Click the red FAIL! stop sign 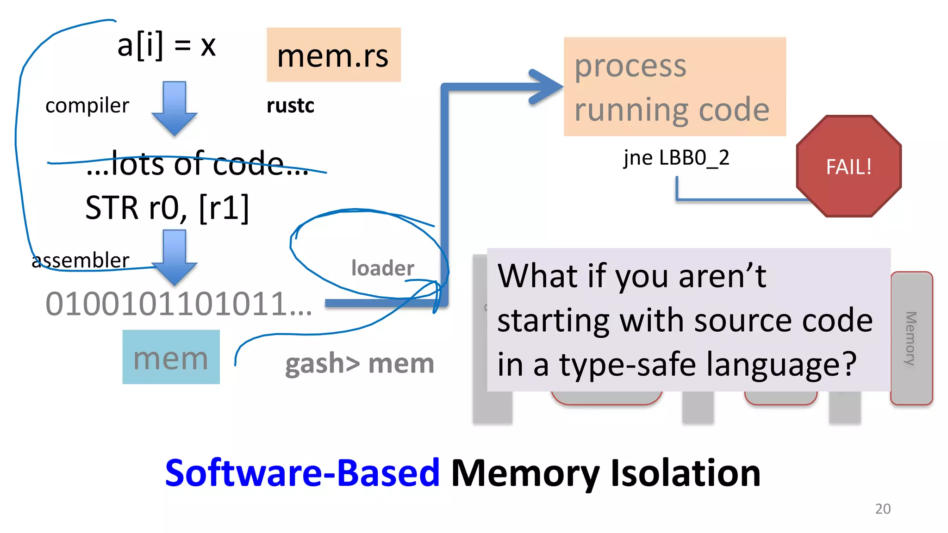pos(849,167)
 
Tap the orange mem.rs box pos(333,55)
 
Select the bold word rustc pos(290,105)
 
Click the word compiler pos(87,105)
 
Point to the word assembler pos(81,260)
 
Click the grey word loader pos(382,268)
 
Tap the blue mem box pos(171,357)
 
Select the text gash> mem pos(359,364)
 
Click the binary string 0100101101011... pos(178,304)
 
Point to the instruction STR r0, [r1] pos(167,208)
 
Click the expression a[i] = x pos(166,45)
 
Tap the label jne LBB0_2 pos(676,158)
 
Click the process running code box pos(674,87)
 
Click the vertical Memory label pos(911,338)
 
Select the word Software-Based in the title pos(302,473)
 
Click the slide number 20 pos(883,508)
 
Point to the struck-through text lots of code pos(197,164)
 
